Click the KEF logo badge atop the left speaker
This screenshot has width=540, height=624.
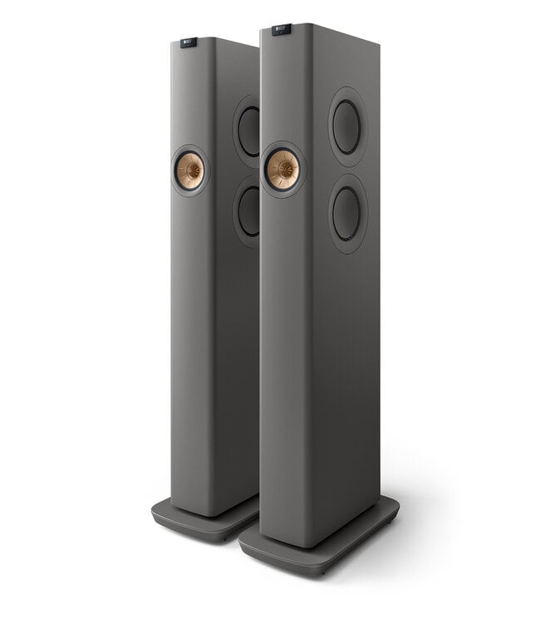tap(189, 42)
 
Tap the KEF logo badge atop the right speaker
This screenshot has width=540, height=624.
tap(282, 29)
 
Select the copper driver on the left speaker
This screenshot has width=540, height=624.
tap(189, 171)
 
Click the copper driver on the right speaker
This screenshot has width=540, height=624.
tap(282, 170)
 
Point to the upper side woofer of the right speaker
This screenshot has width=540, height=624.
tap(346, 126)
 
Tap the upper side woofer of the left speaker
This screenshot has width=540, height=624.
tap(248, 131)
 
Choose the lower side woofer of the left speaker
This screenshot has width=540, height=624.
tap(248, 210)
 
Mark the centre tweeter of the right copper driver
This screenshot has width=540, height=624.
tap(282, 170)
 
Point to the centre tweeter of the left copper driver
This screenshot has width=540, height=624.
tap(189, 171)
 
